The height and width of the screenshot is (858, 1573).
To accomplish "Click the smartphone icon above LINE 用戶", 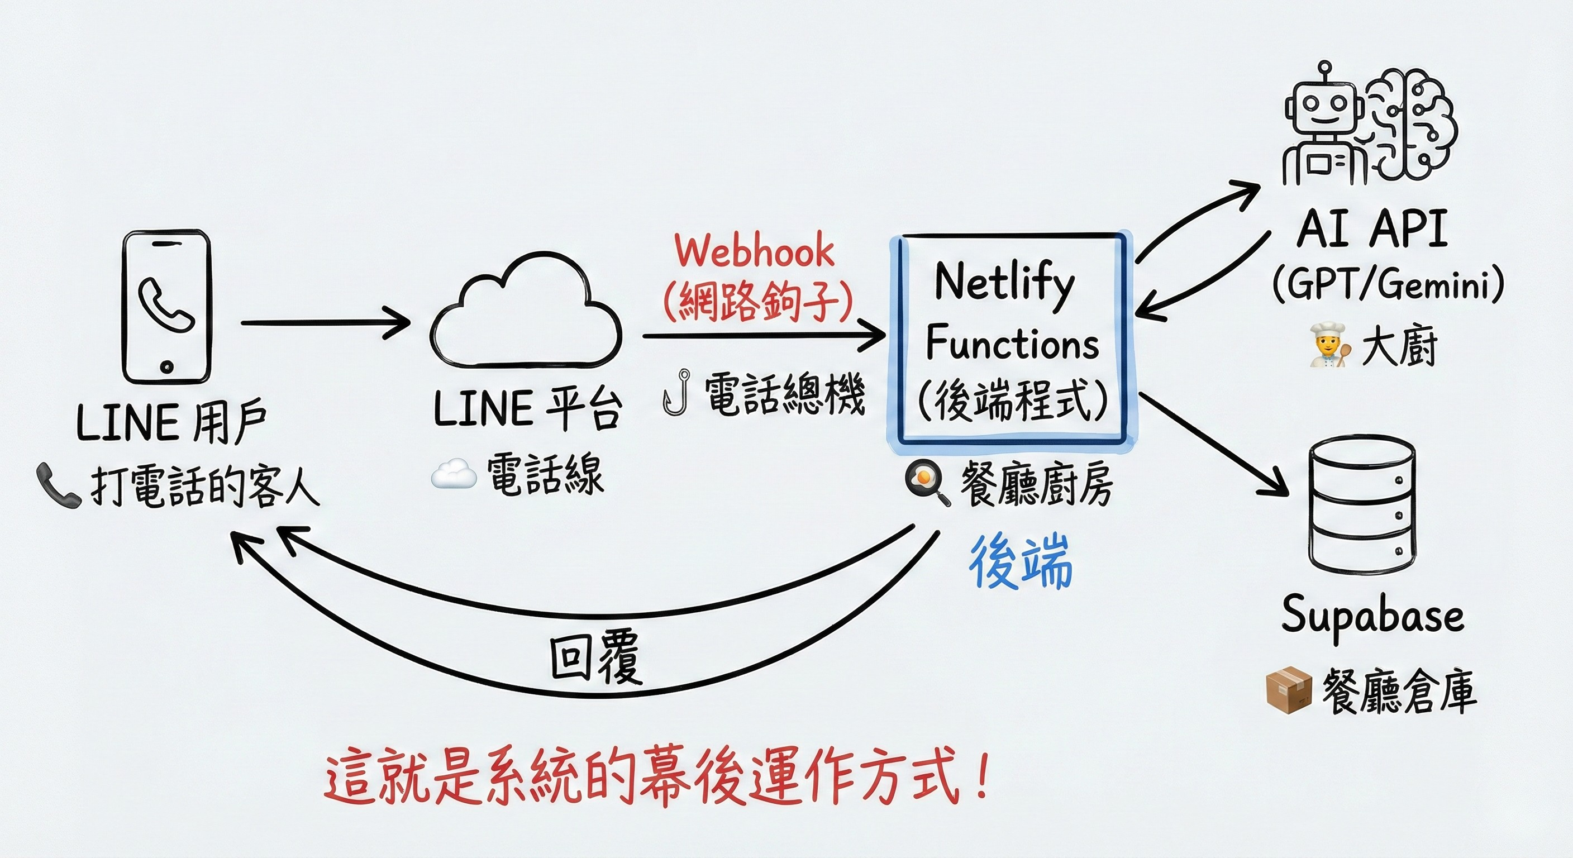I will point(166,307).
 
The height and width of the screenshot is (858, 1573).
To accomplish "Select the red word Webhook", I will point(754,251).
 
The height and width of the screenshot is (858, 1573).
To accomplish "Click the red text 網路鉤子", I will point(757,301).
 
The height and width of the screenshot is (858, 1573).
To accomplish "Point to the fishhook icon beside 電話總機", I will point(676,393).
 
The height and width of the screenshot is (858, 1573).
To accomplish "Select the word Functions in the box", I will point(1012,343).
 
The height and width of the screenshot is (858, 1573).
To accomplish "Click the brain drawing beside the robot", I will point(1410,122).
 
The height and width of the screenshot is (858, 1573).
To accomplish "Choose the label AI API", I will point(1371,229).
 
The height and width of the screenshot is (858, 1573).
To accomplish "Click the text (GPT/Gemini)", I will point(1388,284).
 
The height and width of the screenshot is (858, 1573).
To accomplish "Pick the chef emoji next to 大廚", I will point(1327,346).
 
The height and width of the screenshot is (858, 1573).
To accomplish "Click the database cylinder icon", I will point(1361,504).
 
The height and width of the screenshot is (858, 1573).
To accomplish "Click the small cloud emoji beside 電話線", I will point(454,474).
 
